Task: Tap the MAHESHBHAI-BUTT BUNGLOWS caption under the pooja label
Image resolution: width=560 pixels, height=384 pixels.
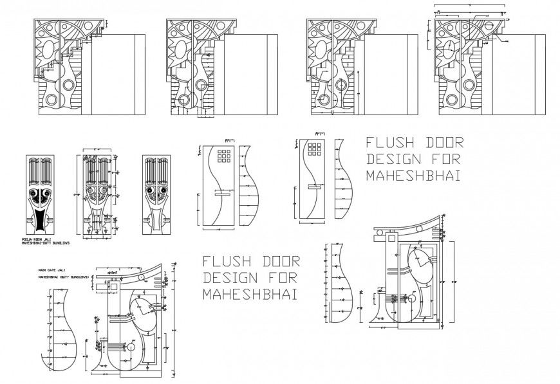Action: [x=45, y=243]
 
